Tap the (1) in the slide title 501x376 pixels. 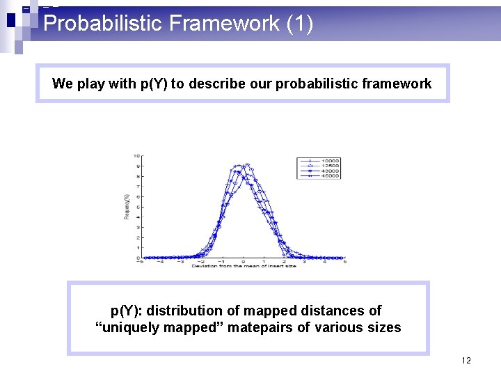pos(300,24)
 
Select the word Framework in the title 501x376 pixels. pos(225,24)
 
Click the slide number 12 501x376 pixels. pos(466,360)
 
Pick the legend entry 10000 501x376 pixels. pos(331,161)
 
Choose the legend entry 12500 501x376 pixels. pos(331,166)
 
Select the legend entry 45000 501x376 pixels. pos(331,175)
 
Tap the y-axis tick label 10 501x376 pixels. pos(137,156)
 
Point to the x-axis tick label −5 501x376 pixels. pos(141,262)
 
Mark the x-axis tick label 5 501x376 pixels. pos(345,262)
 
